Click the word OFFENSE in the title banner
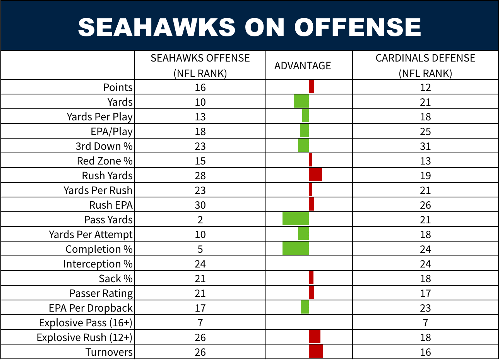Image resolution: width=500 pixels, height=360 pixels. [x=358, y=27]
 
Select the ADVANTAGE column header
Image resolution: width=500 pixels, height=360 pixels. [x=303, y=66]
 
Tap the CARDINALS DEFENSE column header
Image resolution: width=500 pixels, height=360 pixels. [x=425, y=65]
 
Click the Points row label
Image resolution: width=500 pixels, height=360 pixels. [x=118, y=87]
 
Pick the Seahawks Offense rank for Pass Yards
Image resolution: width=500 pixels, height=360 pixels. [x=200, y=220]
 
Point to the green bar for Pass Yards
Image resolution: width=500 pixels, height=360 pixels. [x=296, y=219]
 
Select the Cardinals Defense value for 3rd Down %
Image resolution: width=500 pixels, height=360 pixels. [x=425, y=146]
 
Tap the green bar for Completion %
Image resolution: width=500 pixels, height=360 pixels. [x=296, y=249]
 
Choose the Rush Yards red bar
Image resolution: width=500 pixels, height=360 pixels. [x=316, y=175]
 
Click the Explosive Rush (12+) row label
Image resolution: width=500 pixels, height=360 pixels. [x=85, y=338]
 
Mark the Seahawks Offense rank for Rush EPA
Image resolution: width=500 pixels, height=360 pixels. [x=200, y=205]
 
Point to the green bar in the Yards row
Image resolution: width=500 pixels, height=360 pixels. [x=301, y=101]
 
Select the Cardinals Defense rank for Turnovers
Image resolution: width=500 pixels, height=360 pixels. [x=425, y=352]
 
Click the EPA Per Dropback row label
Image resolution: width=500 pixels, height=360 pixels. [x=91, y=308]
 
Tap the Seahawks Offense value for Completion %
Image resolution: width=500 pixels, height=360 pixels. [x=200, y=249]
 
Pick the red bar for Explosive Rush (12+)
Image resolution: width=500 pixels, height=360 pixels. [x=315, y=336]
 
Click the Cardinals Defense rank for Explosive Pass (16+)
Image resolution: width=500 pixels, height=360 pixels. [x=425, y=323]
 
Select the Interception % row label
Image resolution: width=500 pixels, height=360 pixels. [x=98, y=264]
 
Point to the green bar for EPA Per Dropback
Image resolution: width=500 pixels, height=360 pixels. [x=305, y=307]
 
